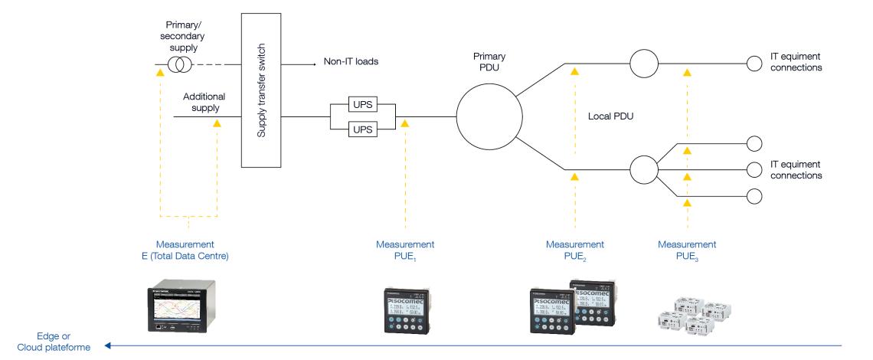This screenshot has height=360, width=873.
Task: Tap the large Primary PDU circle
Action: click(x=489, y=117)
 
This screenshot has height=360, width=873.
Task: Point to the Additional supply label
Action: click(x=201, y=103)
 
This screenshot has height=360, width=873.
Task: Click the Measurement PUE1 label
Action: click(x=405, y=250)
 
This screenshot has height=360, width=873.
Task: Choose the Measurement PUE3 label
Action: click(x=687, y=250)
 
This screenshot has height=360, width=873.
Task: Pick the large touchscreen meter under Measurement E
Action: click(x=187, y=307)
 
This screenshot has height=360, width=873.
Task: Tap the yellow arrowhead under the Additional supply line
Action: click(x=217, y=123)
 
